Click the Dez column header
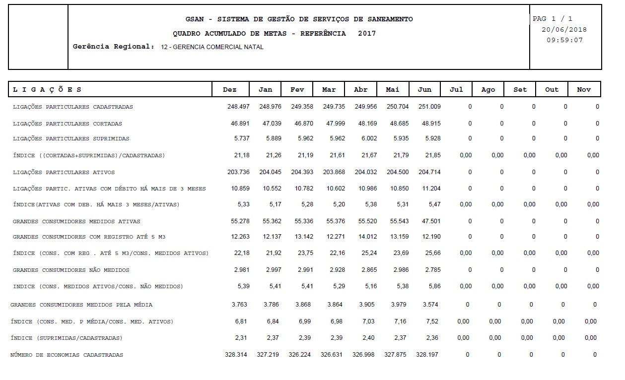pos(229,90)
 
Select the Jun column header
pos(424,90)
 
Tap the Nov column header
pos(584,90)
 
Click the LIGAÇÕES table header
pos(47,90)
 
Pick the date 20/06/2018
pos(564,30)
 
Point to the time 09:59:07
pos(564,40)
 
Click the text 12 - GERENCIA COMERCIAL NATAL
pos(212,47)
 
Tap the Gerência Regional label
pos(114,47)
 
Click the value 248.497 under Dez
pos(238,107)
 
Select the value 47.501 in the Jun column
pos(429,221)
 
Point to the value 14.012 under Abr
pos(366,237)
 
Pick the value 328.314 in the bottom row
pos(236,355)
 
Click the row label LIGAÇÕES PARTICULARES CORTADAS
pos(67,124)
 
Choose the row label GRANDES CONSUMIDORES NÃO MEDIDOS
pos(71,270)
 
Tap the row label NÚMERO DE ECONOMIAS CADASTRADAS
pos(67,355)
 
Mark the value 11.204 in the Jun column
pos(429,189)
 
